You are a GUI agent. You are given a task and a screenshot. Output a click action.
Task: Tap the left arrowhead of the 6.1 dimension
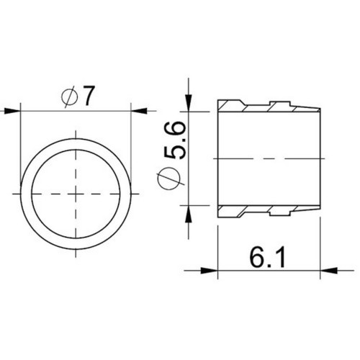[x=210, y=271]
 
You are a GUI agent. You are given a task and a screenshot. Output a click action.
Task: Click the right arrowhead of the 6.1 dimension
[x=328, y=271]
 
